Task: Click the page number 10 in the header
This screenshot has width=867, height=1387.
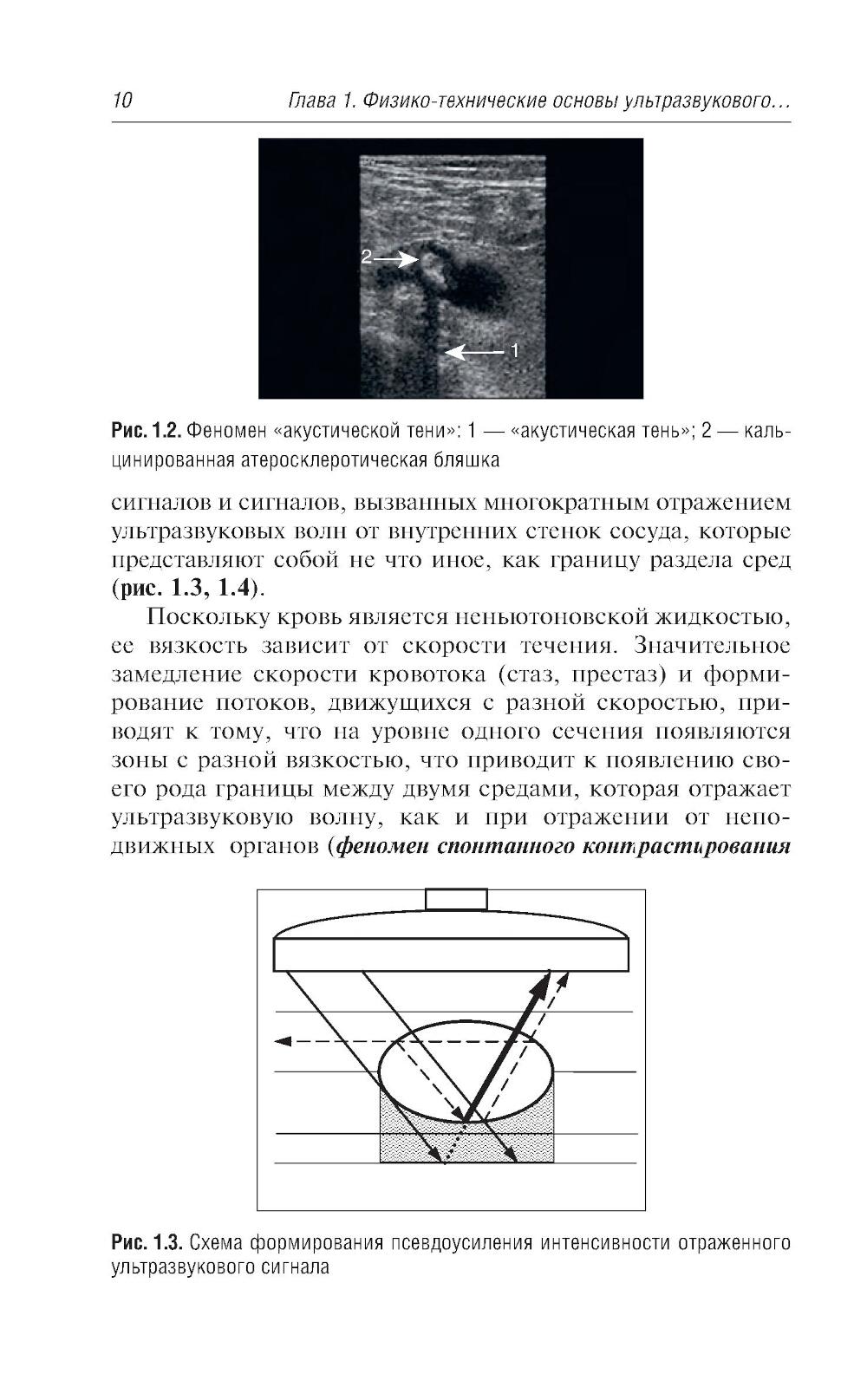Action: (x=121, y=101)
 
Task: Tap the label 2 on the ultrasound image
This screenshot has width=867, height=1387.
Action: (x=366, y=257)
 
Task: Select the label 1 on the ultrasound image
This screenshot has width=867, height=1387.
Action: (x=514, y=351)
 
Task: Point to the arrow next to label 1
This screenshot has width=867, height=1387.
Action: (x=474, y=352)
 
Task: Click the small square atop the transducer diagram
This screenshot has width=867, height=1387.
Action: (x=456, y=899)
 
